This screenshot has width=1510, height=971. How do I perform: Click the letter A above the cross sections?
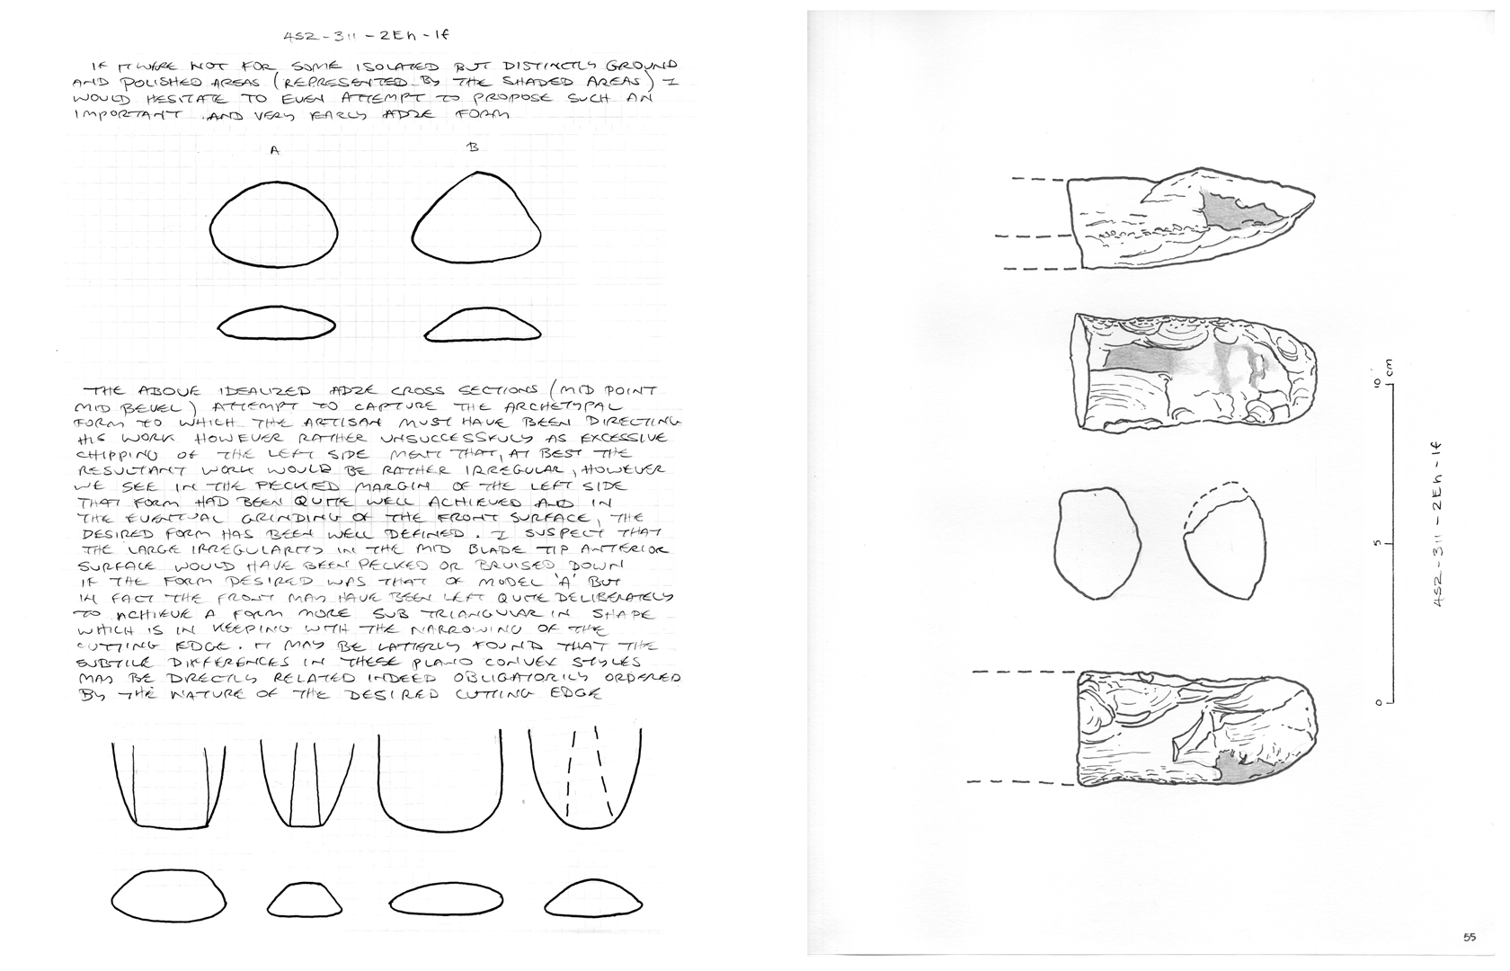tap(275, 151)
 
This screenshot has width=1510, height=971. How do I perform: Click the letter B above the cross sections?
tap(473, 147)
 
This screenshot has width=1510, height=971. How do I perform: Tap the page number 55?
tap(1469, 938)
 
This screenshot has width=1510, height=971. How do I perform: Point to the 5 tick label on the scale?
tap(1376, 544)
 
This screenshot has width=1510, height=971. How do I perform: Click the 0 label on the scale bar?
tap(1376, 702)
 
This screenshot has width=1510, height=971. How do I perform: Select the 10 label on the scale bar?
tap(1376, 382)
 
